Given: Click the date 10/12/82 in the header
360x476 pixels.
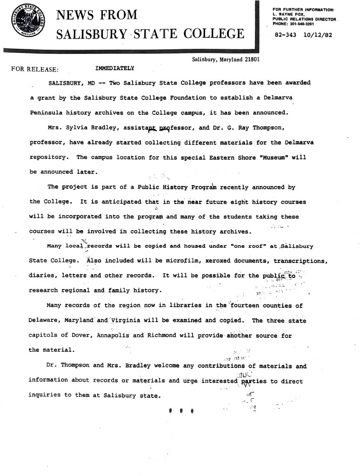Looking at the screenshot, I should coord(318,35).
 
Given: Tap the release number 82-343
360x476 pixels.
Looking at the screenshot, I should coord(286,35).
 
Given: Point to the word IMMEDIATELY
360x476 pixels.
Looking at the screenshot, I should coord(114,68).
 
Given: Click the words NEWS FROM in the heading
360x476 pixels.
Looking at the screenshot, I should coord(97,15).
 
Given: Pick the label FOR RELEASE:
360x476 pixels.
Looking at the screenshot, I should coord(35,70).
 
